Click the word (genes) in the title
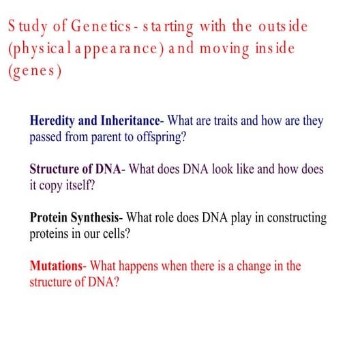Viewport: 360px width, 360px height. tap(34, 72)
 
